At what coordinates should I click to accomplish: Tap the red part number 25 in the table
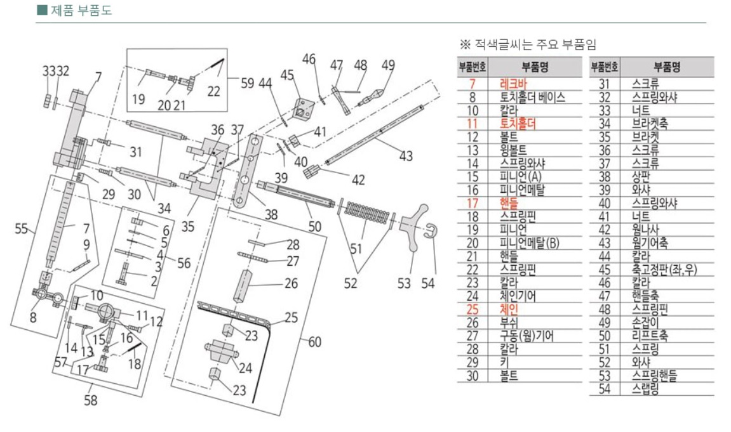pyautogui.click(x=471, y=310)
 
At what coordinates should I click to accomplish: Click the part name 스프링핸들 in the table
pyautogui.click(x=655, y=375)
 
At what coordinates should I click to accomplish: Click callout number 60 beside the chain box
pyautogui.click(x=315, y=342)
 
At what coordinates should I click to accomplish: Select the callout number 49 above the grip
pyautogui.click(x=387, y=65)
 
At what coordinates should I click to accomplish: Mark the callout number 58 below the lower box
pyautogui.click(x=91, y=400)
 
